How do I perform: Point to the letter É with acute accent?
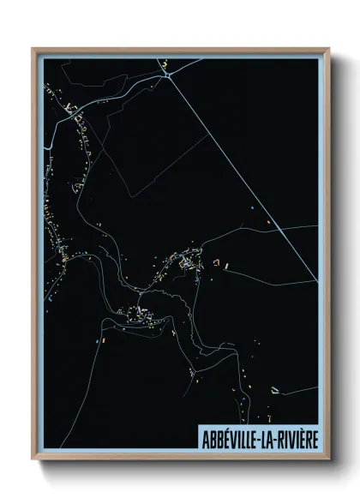[222, 436]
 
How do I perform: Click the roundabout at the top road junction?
[170, 72]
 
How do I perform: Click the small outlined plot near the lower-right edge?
[276, 388]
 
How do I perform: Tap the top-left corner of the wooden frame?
[33, 49]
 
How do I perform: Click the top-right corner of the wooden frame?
[327, 49]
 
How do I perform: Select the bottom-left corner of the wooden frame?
[33, 460]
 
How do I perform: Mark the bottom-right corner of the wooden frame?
[327, 460]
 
